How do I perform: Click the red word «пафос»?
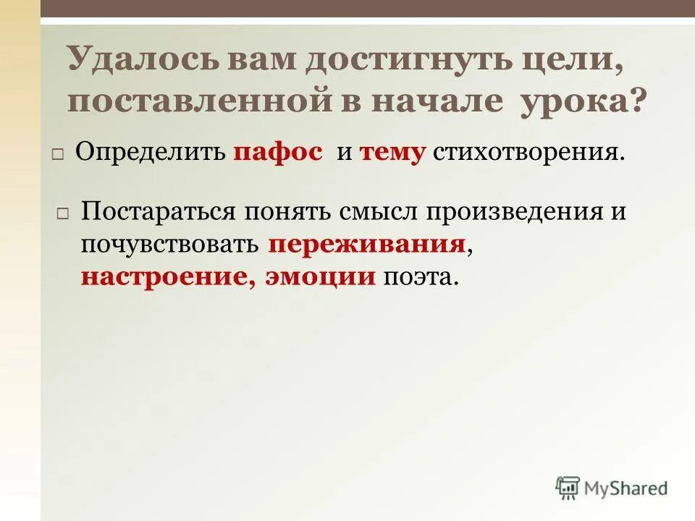(x=278, y=153)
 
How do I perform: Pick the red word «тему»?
(x=391, y=153)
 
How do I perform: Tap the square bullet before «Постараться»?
(x=62, y=214)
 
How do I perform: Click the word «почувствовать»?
(x=170, y=244)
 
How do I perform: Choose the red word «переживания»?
(x=366, y=244)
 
